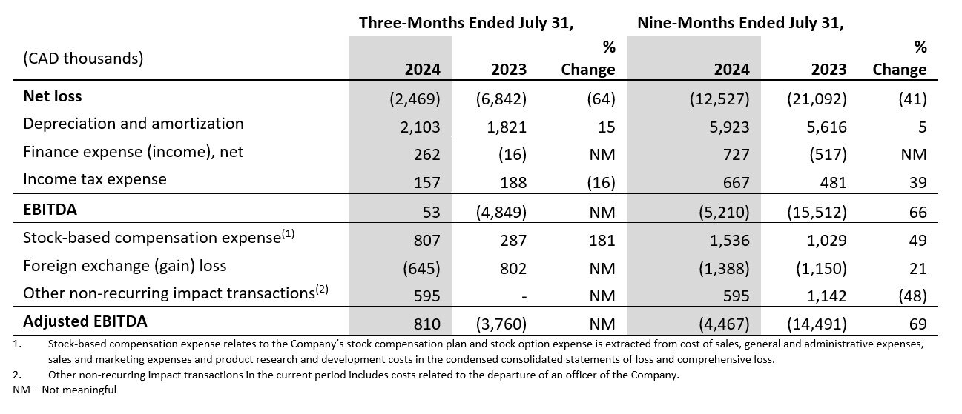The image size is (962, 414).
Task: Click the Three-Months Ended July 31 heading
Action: (467, 22)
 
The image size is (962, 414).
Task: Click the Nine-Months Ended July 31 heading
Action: (741, 22)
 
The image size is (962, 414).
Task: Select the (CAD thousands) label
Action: (83, 58)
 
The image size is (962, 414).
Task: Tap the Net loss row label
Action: (53, 96)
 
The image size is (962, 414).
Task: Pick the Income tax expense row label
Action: (95, 179)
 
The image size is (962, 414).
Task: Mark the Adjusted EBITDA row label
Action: (85, 321)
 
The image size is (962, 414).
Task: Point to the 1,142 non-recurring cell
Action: (828, 296)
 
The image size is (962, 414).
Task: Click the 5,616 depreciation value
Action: (828, 127)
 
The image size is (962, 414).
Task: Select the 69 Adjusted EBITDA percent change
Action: (917, 324)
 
